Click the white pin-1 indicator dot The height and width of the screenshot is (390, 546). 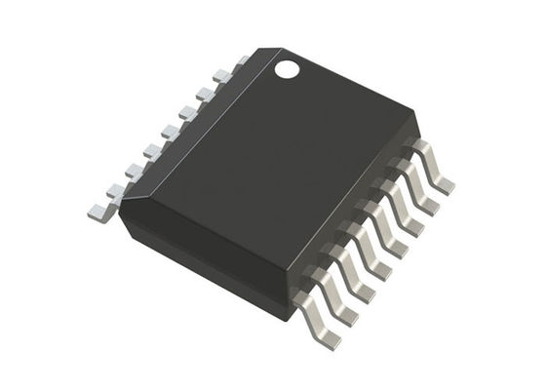pyautogui.click(x=287, y=69)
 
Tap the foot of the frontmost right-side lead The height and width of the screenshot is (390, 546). pyautogui.click(x=329, y=338)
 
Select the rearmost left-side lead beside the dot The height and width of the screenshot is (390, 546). pyautogui.click(x=237, y=64)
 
